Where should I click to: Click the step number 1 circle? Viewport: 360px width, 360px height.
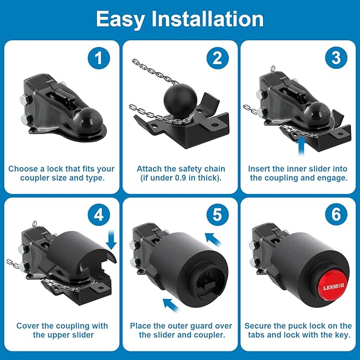pyautogui.click(x=99, y=58)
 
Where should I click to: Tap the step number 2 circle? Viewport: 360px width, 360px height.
pyautogui.click(x=217, y=58)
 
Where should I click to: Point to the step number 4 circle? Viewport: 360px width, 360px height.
pyautogui.click(x=99, y=215)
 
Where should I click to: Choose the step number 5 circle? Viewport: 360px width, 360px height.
pyautogui.click(x=217, y=215)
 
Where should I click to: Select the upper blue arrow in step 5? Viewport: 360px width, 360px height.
pyautogui.click(x=213, y=240)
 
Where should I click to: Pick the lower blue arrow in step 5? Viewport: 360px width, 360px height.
pyautogui.click(x=171, y=305)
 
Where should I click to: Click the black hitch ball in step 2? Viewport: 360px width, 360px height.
pyautogui.click(x=180, y=100)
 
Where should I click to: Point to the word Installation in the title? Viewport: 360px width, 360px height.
pyautogui.click(x=207, y=19)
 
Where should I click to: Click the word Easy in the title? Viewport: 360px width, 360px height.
pyautogui.click(x=121, y=20)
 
